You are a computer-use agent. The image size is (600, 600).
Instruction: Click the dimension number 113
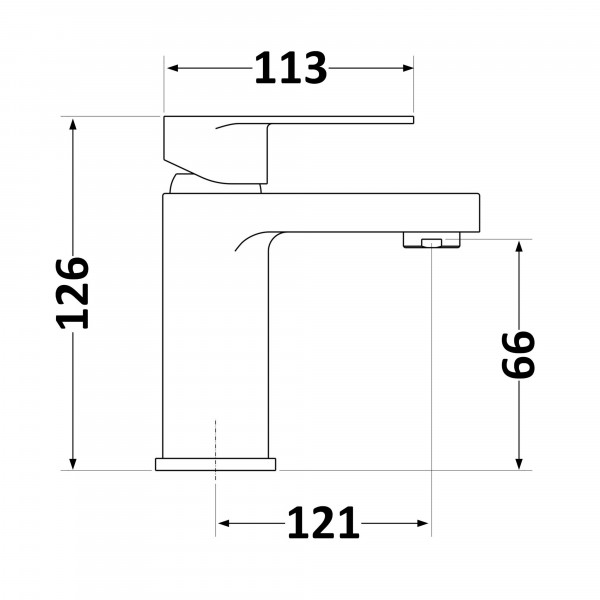click(291, 68)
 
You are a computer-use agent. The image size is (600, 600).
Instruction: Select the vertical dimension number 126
click(73, 293)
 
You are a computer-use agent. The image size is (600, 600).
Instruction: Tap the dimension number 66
click(518, 354)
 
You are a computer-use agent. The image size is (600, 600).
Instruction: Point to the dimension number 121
click(323, 523)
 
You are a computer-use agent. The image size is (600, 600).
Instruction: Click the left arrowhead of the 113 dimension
click(173, 68)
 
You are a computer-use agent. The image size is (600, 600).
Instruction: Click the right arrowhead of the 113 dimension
click(408, 68)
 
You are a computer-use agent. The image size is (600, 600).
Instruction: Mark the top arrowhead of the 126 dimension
click(73, 124)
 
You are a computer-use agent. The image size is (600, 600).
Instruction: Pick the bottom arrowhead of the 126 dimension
click(73, 464)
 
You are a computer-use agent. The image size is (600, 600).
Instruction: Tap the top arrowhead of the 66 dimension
click(519, 247)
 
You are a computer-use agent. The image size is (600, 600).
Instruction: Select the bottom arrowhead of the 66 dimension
click(519, 464)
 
